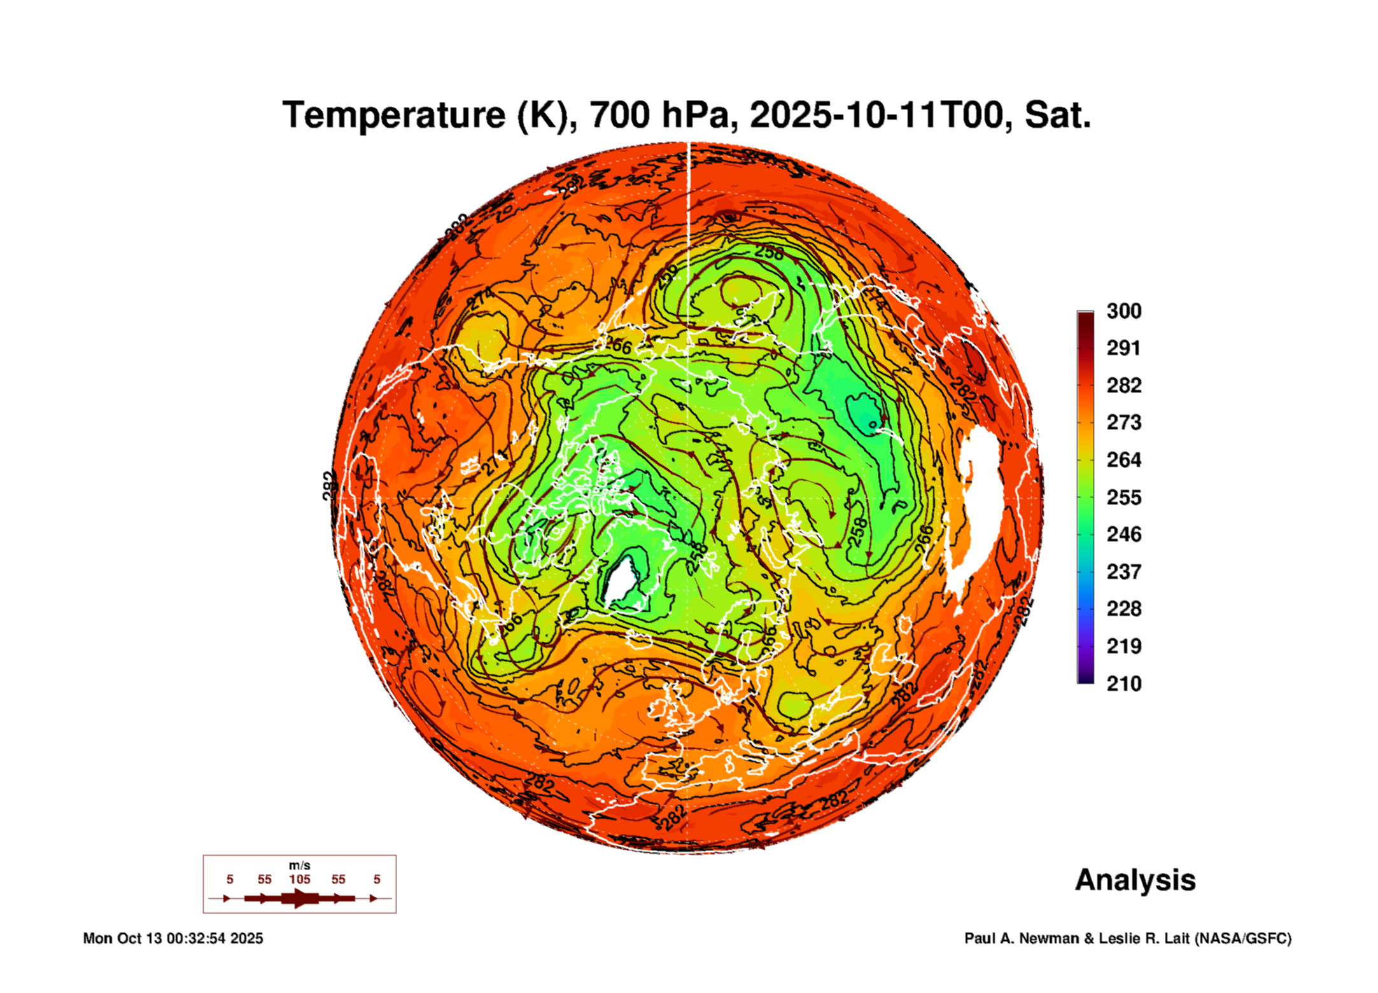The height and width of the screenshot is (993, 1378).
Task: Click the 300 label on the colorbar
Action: click(x=1123, y=311)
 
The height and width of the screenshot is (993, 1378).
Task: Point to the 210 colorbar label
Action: click(x=1123, y=684)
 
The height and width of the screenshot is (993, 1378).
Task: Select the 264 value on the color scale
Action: click(x=1123, y=460)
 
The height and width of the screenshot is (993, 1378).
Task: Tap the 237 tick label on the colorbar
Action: click(x=1123, y=572)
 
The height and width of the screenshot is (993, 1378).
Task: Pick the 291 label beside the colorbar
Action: click(x=1123, y=348)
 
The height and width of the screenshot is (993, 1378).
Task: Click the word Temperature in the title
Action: click(x=394, y=115)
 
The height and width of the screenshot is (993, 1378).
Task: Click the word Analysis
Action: click(x=1135, y=880)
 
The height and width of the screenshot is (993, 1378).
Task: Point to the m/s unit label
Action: click(x=299, y=865)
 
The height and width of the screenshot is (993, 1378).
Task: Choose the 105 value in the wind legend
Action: click(x=299, y=879)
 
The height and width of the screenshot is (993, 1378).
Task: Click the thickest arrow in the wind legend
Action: click(x=299, y=898)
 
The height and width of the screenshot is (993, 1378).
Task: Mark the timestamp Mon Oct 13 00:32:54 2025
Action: click(x=173, y=938)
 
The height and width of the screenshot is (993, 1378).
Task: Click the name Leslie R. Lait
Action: click(x=1144, y=938)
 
